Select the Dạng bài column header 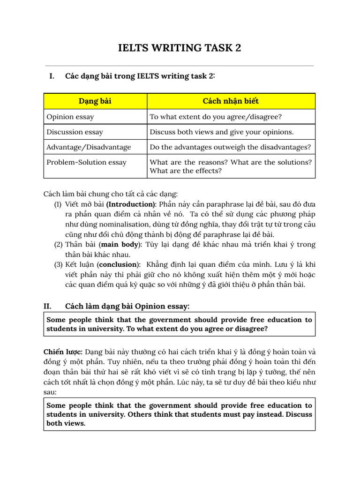95,101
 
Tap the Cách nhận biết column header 231,101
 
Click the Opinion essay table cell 70,117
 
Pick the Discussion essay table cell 75,132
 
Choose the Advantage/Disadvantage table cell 89,147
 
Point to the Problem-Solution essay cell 86,162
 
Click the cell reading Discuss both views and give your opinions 222,132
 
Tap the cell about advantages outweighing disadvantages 230,147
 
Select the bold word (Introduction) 131,204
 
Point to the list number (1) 58,204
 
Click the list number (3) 58,264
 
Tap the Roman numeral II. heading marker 47,306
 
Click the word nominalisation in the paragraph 130,224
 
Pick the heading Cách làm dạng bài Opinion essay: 127,306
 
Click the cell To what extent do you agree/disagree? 216,117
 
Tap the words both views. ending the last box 66,423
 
